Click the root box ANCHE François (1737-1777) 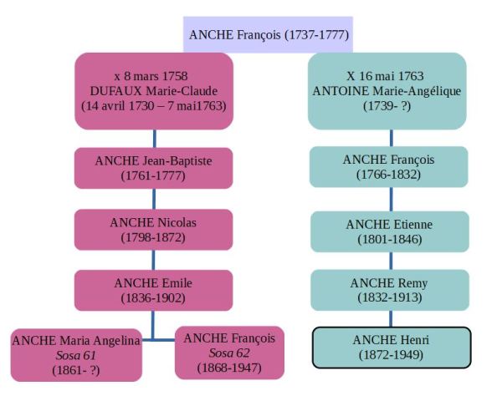coord(269,35)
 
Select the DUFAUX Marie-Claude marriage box coord(154,91)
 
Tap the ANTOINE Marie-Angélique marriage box coord(387,91)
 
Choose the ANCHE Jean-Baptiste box coord(154,167)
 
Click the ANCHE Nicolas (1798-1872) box coord(154,229)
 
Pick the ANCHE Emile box coord(154,289)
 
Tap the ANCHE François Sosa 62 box coord(229,353)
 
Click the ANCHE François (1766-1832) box coord(387,167)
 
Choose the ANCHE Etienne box coord(387,231)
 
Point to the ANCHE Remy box coord(387,289)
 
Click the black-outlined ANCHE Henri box coord(387,347)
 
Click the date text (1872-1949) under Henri coord(387,355)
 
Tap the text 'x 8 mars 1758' coord(153,75)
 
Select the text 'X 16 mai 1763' coord(387,75)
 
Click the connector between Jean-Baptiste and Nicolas coord(154,198)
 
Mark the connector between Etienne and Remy coord(391,260)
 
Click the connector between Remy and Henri coord(391,318)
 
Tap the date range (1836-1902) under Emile coord(154,297)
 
